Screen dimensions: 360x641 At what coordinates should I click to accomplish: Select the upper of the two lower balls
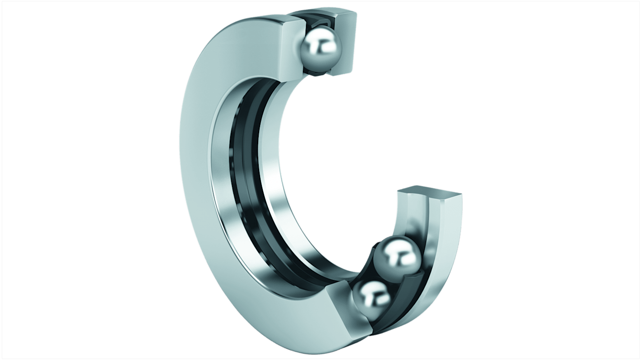pos(397,258)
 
